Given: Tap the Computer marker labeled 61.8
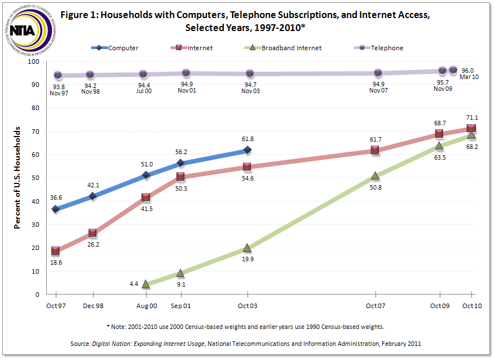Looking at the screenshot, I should coord(247,150).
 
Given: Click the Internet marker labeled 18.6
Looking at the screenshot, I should coord(55,251).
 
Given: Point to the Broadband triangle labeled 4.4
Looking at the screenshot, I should coord(146,284).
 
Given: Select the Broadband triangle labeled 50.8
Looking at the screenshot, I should coord(375,175).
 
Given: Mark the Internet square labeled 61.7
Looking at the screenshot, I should coord(375,150).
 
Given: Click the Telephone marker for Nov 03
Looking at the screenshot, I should coord(249,73).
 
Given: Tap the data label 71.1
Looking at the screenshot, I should coord(471,117).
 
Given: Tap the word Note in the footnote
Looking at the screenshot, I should coord(121,327).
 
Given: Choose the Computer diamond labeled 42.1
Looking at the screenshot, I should coord(92,196).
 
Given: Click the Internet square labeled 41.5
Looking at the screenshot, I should coord(146,197).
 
